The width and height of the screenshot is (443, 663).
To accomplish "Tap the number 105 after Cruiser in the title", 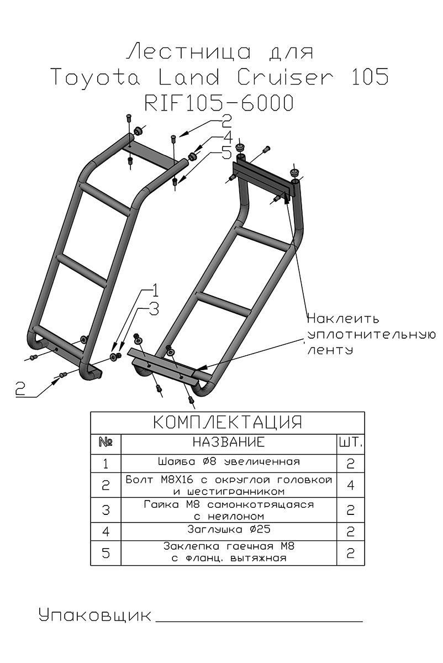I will (x=368, y=77).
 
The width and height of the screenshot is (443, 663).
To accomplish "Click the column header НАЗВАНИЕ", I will (x=228, y=443).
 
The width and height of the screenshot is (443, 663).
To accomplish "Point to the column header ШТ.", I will (x=350, y=443).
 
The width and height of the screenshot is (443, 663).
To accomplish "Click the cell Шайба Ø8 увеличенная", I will (x=228, y=462).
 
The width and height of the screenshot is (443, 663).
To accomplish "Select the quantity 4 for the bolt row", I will (x=350, y=485).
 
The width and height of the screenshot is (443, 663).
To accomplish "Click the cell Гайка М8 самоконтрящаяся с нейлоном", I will (x=228, y=510).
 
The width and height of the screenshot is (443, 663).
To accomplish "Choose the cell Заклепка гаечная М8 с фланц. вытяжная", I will (x=228, y=552).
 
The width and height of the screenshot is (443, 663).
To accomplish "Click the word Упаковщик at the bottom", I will (x=94, y=614).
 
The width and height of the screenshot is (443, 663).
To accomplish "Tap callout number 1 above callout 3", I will (x=155, y=290).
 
